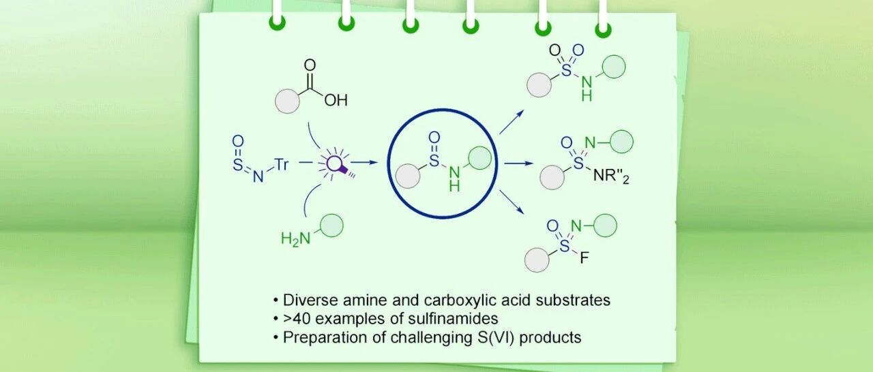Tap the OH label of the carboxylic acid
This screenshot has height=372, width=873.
coord(336,101)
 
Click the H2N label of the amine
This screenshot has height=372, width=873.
coord(295,238)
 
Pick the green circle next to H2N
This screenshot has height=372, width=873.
coord(331,226)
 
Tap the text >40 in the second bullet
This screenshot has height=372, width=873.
coord(295,318)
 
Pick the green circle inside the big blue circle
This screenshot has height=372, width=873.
coord(480,158)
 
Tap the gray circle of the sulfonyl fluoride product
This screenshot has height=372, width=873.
coord(536,260)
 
